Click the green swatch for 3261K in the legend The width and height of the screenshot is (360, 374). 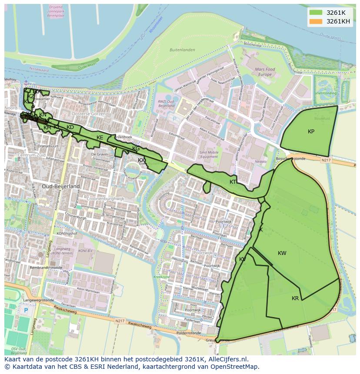pyautogui.click(x=316, y=13)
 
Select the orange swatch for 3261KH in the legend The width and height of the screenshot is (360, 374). pyautogui.click(x=316, y=21)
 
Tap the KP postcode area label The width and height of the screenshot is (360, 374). pyautogui.click(x=311, y=132)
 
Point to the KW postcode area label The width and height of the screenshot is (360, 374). pyautogui.click(x=282, y=253)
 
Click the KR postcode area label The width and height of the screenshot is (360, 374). pyautogui.click(x=295, y=298)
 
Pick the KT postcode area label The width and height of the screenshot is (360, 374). pyautogui.click(x=233, y=182)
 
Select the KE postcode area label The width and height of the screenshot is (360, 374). pyautogui.click(x=100, y=138)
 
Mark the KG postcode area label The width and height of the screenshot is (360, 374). pyautogui.click(x=136, y=149)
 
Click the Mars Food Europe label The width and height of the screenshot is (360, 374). pyautogui.click(x=265, y=72)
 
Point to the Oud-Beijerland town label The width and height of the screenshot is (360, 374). pyautogui.click(x=61, y=186)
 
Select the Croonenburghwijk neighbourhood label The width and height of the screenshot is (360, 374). pyautogui.click(x=106, y=199)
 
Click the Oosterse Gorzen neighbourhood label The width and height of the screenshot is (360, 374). pyautogui.click(x=90, y=114)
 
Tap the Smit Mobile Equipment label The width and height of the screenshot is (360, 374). pyautogui.click(x=209, y=155)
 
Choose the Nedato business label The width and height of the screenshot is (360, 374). pyautogui.click(x=261, y=161)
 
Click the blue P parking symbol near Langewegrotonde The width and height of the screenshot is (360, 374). pyautogui.click(x=26, y=310)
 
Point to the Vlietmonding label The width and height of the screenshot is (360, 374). pyautogui.click(x=326, y=93)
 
